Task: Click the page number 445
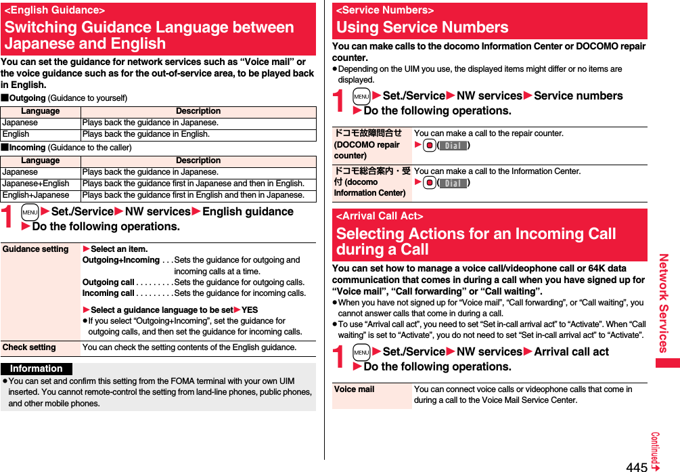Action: point(637,466)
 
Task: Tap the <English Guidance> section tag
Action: point(55,10)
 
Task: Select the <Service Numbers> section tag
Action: point(385,10)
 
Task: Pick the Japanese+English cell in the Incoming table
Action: point(36,184)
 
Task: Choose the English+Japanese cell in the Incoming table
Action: point(36,195)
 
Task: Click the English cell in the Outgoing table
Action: point(16,134)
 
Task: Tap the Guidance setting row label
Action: point(36,249)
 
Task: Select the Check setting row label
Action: point(29,347)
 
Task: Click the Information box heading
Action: point(37,369)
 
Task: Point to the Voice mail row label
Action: point(355,389)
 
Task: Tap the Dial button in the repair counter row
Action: point(453,146)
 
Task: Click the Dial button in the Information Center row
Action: point(453,184)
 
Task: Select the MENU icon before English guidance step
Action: point(29,212)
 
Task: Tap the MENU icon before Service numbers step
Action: point(361,96)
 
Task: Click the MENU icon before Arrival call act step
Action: point(361,352)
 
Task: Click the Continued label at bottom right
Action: point(656,451)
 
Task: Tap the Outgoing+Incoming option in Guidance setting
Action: point(120,260)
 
